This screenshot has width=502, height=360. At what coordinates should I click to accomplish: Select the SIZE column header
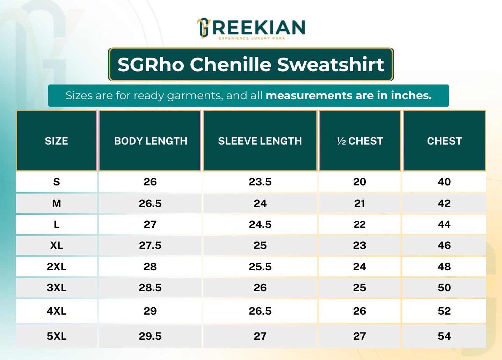point(57,141)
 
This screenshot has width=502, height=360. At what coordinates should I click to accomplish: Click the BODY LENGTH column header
point(151,141)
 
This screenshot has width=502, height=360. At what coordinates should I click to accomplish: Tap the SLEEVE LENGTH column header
point(260,141)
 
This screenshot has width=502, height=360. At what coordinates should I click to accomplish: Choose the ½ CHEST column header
point(360,141)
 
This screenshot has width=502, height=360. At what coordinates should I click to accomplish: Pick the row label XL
point(57,245)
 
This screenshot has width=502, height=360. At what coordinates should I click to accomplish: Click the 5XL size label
point(57,336)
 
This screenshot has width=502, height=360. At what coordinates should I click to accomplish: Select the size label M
point(57,203)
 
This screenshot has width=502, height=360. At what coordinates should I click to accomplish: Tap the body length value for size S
point(150,182)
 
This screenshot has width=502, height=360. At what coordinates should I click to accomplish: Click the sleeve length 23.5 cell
point(260,182)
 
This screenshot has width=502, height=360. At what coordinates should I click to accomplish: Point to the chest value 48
point(444,267)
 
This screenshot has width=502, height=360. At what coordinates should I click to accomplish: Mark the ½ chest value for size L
point(360,225)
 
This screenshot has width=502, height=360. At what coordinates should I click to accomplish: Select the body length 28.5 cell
point(150,288)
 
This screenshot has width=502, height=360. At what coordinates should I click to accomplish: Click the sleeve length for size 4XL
point(260,311)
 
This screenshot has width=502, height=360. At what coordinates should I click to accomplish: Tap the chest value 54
point(444,336)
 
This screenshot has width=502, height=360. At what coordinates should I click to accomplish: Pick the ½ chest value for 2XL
point(360,267)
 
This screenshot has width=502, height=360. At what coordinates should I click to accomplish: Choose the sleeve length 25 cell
point(260,245)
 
